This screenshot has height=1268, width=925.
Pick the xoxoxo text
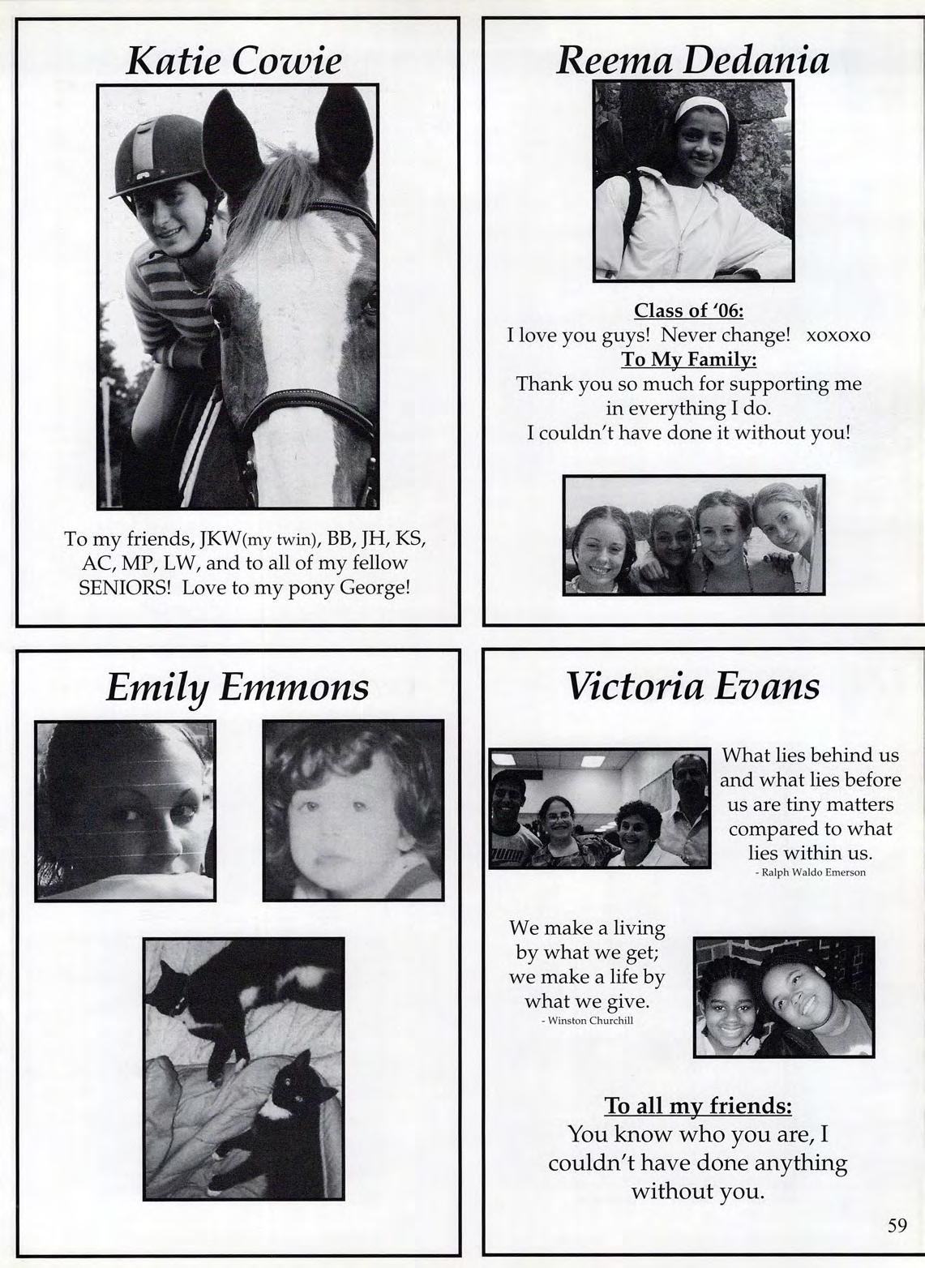[x=837, y=335]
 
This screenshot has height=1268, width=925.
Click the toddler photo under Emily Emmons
[x=353, y=810]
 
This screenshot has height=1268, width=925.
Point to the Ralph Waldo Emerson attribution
[x=810, y=872]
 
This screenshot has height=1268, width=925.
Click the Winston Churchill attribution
[x=587, y=1021]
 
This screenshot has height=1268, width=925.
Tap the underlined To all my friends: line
[x=698, y=1106]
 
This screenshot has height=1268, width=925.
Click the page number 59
[x=897, y=1225]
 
